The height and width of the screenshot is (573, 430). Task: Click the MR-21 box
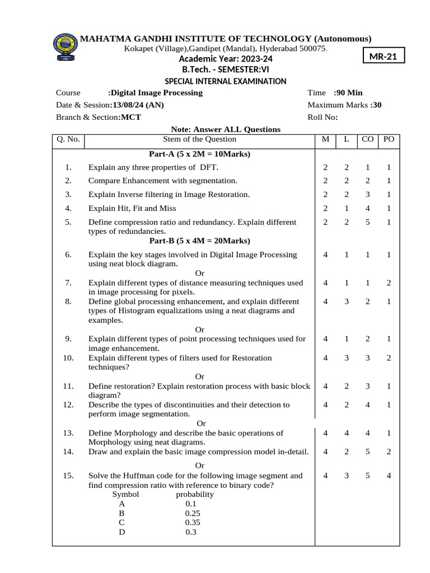[x=384, y=57]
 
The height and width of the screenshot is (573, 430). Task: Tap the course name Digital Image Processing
[x=156, y=93]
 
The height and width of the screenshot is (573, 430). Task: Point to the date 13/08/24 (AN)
[x=138, y=105]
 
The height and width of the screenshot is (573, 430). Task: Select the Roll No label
[x=322, y=118]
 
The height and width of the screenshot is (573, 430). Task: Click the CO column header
[x=367, y=139]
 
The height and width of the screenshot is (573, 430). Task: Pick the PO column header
[x=389, y=139]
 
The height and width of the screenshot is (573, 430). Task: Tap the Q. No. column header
[x=68, y=139]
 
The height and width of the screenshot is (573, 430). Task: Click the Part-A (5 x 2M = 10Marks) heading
[x=199, y=154]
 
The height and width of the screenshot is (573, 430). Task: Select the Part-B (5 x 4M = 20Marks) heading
[x=199, y=241]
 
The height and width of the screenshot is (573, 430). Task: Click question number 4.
[x=68, y=208]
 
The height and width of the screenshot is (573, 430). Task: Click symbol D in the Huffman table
[x=121, y=532]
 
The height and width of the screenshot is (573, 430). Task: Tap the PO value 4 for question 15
[x=389, y=476]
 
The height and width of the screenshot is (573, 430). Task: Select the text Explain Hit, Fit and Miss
[x=132, y=208]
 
